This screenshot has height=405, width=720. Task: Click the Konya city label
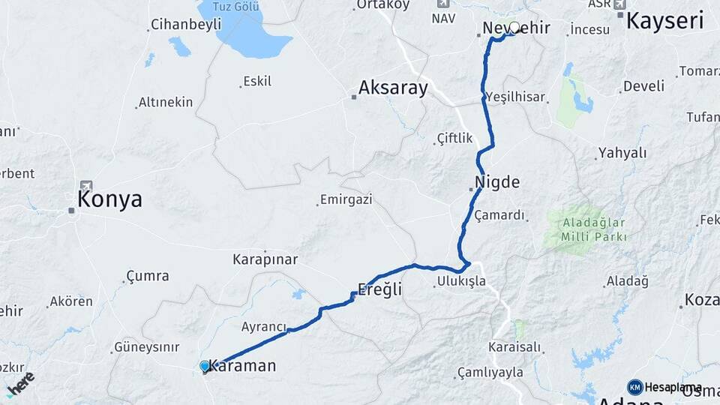tap(109, 199)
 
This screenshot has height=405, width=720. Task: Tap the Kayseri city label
tap(664, 20)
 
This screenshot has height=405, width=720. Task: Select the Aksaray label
tap(393, 88)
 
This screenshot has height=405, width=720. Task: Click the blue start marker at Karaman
tap(205, 366)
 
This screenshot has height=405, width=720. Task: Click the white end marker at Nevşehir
tap(514, 28)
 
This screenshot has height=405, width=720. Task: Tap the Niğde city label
tap(497, 181)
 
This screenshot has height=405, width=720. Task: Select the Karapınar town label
tap(265, 259)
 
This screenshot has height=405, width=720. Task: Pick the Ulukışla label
tap(460, 282)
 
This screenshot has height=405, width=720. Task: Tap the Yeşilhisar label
tap(515, 97)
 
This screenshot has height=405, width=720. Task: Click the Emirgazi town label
tap(346, 199)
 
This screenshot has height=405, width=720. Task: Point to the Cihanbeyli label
tap(186, 24)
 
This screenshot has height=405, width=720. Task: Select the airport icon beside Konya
tap(85, 185)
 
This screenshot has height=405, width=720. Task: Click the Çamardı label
tap(499, 215)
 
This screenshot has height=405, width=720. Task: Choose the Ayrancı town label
tap(264, 327)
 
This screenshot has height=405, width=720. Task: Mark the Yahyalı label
tap(622, 153)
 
